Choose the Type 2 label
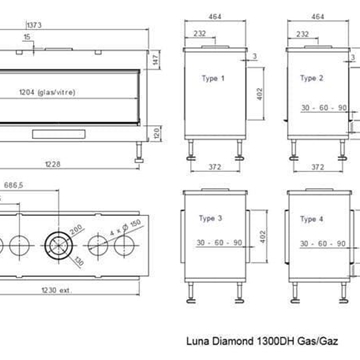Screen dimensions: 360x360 click(x=312, y=77)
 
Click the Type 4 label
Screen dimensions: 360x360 click(x=312, y=218)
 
